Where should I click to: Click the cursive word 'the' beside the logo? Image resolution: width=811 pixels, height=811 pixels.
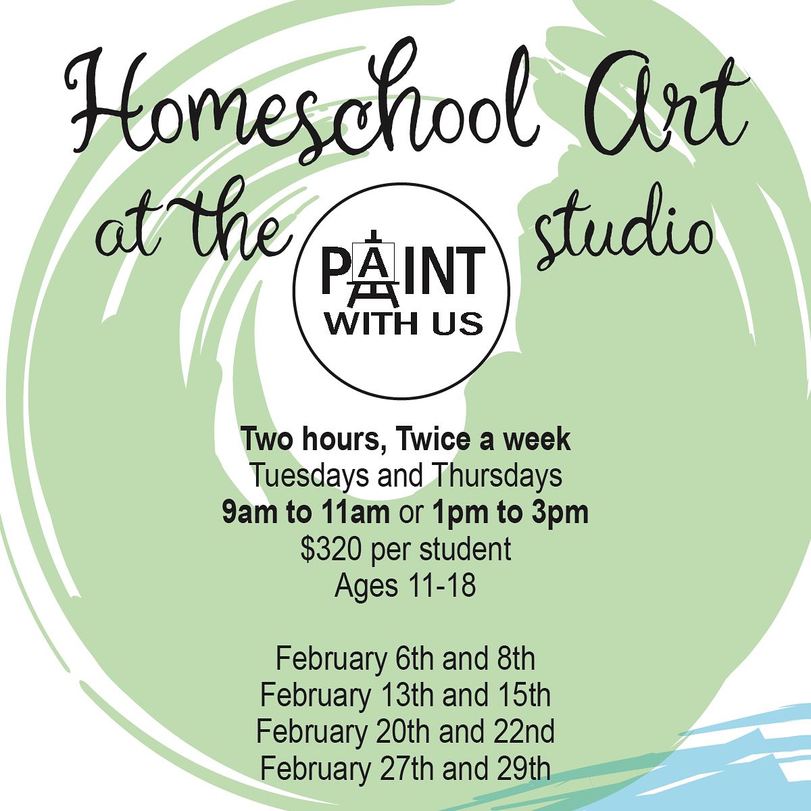237,225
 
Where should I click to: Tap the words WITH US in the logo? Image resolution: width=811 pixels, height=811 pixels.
404,325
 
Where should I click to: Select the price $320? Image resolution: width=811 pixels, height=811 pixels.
330,549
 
